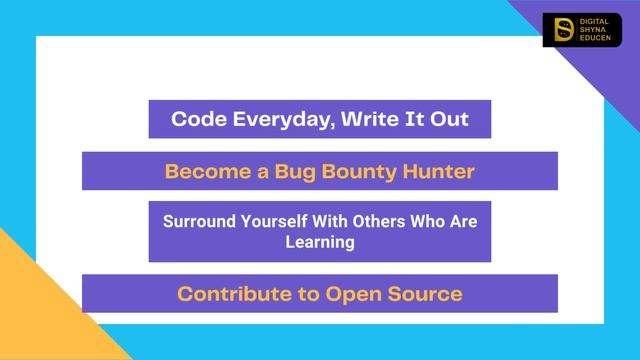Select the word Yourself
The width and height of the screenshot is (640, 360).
[x=270, y=221]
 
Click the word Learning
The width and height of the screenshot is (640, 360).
[x=319, y=241]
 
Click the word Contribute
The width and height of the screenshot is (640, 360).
[x=227, y=294]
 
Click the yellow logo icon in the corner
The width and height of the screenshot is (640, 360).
[x=562, y=30]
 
